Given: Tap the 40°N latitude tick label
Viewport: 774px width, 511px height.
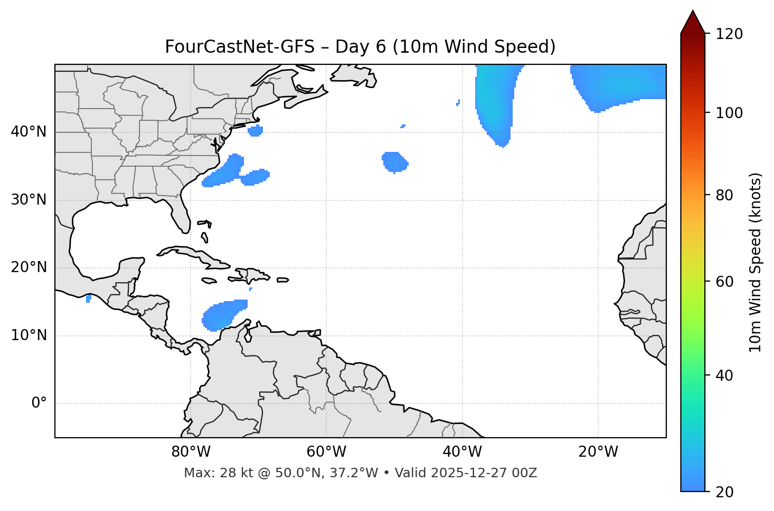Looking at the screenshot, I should point(29,132).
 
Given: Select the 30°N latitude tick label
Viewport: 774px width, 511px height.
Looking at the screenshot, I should point(29,200).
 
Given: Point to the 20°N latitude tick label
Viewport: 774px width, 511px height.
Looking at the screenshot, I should point(29,268).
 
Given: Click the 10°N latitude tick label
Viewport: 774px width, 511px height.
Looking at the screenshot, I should point(29,335).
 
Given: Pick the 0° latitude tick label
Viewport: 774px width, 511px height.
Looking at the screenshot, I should point(39,403).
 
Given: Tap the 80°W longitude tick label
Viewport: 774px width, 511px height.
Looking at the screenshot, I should point(191,452).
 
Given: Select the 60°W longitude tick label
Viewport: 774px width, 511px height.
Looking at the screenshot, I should point(326,452).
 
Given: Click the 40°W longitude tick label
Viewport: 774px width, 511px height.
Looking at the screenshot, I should point(462,452).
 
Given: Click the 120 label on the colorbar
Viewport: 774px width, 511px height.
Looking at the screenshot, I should point(729,34).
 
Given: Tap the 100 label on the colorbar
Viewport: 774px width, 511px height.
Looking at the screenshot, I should point(729,113).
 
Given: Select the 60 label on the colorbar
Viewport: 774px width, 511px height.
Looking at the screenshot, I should point(723,282).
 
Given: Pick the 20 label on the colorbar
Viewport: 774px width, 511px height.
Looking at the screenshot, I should point(723,492).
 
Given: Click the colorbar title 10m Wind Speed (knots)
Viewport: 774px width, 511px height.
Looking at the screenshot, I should point(756,263).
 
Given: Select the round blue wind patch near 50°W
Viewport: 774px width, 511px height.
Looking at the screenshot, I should point(395,162).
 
